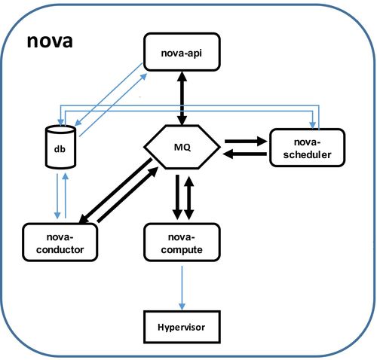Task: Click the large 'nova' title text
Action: pyautogui.click(x=49, y=41)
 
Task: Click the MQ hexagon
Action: pyautogui.click(x=182, y=146)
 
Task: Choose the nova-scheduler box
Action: pyautogui.click(x=307, y=146)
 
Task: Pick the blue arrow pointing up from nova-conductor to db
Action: pyautogui.click(x=67, y=197)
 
